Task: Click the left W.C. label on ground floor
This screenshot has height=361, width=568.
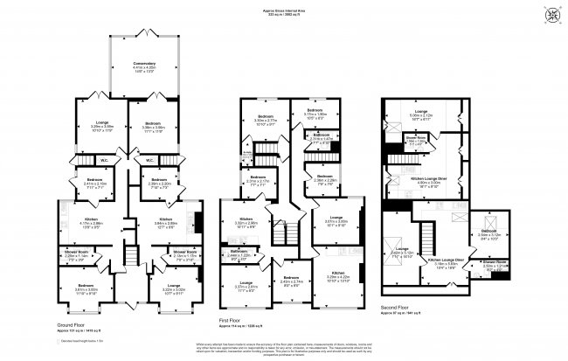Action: tap(104, 160)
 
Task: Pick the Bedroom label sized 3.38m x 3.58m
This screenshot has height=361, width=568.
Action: tap(145, 126)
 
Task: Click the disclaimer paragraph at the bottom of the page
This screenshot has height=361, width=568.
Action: tap(284, 348)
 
